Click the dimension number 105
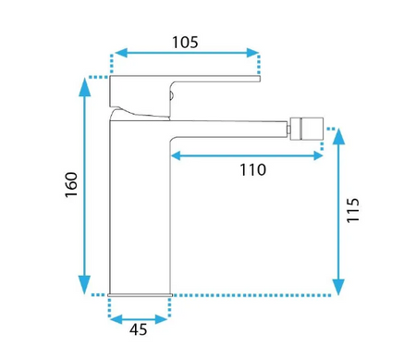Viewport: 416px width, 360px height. point(185,43)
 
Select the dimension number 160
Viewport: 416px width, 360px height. point(71,185)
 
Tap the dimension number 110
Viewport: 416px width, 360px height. point(252,169)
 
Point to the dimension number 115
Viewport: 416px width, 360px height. point(353,210)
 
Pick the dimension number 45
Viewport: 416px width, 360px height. point(139,329)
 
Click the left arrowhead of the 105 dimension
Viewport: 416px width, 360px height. point(121,53)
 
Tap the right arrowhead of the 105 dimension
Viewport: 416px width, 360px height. point(252,53)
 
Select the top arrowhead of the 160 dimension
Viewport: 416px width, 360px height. point(85,87)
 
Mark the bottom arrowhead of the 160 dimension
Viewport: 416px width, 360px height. point(85,285)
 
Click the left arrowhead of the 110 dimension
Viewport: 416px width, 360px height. point(176,155)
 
